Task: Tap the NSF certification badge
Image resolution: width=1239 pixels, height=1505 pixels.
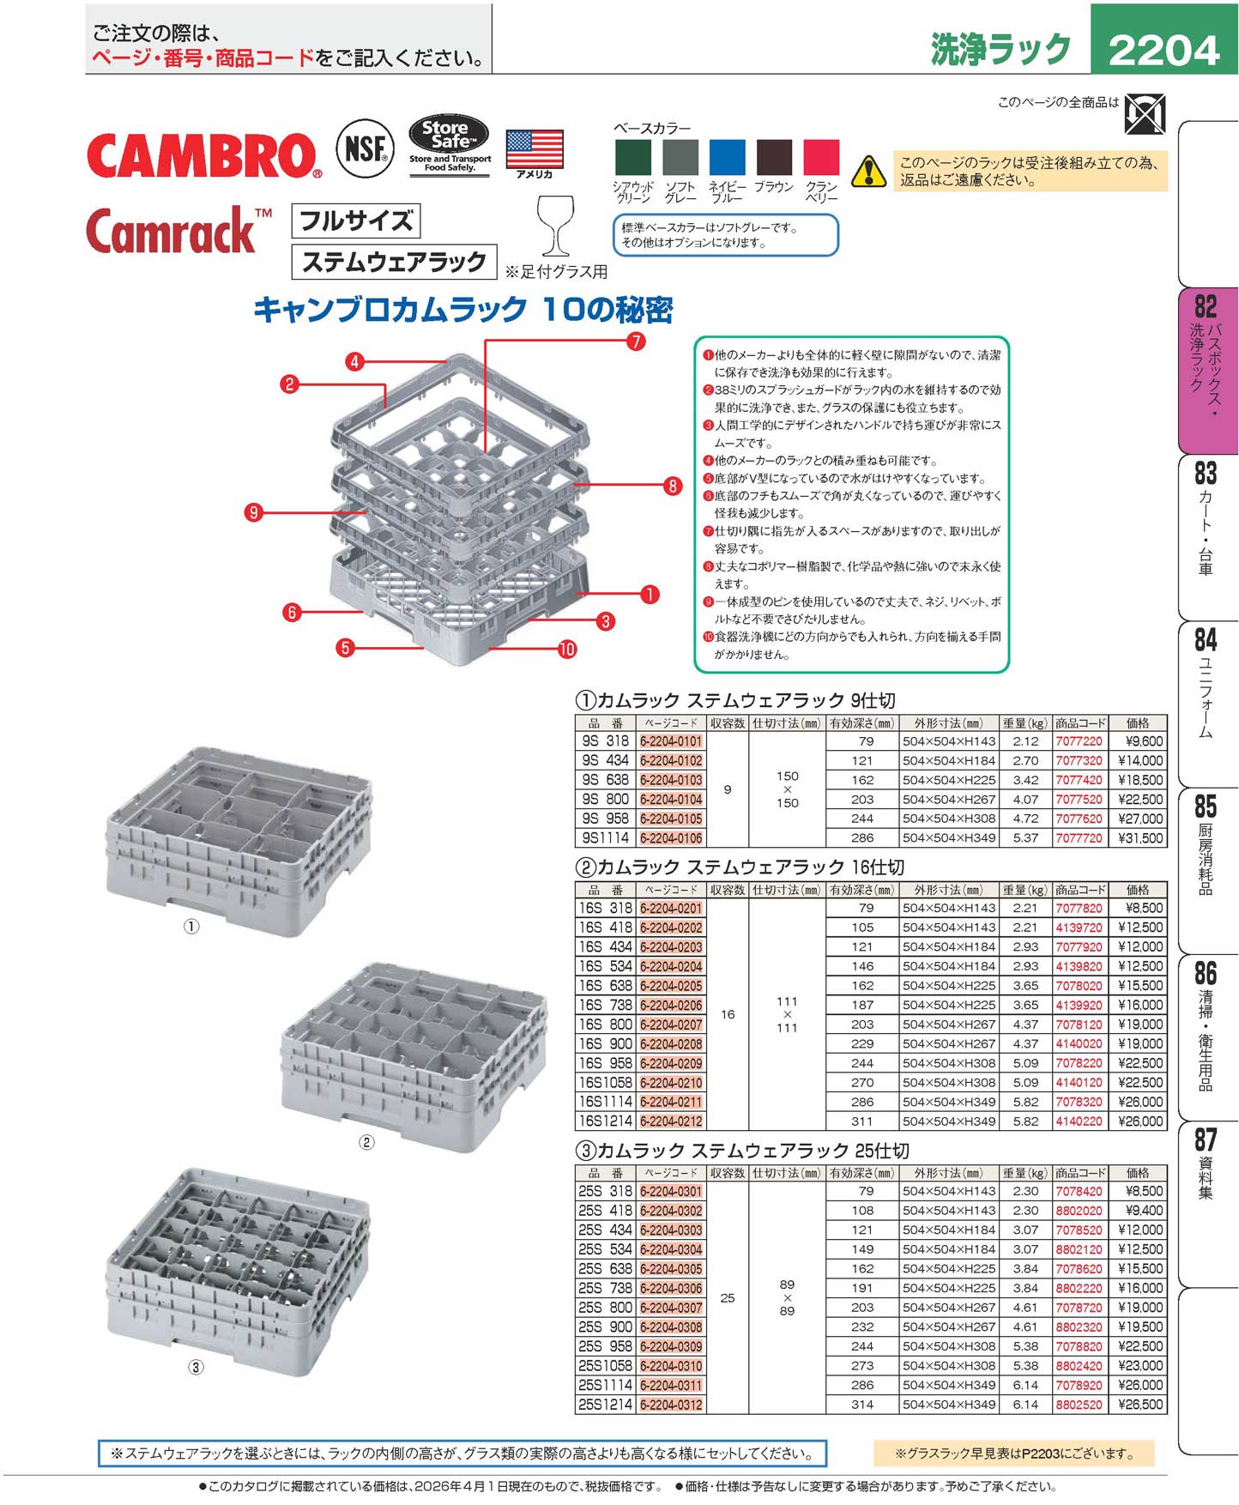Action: [365, 149]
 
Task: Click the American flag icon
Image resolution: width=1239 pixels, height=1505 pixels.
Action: [535, 149]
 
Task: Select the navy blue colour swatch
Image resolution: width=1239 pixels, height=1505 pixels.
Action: [728, 158]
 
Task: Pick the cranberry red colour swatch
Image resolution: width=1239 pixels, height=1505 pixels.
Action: [821, 158]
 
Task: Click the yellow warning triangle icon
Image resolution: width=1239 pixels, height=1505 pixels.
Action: [868, 171]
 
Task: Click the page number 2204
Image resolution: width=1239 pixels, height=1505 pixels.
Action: [1163, 50]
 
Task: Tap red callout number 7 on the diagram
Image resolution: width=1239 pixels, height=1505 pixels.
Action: [635, 342]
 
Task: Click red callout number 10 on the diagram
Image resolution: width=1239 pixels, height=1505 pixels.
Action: [567, 650]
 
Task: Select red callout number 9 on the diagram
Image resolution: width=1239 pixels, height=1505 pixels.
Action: [253, 513]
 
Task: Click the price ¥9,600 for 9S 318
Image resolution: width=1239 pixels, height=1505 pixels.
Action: [1144, 741]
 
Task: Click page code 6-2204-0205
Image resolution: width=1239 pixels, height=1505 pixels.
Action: [671, 986]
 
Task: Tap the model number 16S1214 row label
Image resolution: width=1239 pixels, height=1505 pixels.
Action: [605, 1121]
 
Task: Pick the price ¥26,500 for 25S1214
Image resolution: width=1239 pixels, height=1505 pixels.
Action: [1143, 1405]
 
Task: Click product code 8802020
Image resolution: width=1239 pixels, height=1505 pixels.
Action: [1079, 1211]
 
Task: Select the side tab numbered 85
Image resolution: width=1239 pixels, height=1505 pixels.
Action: [1206, 807]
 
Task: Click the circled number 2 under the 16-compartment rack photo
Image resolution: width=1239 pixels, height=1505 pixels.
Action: [366, 1142]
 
